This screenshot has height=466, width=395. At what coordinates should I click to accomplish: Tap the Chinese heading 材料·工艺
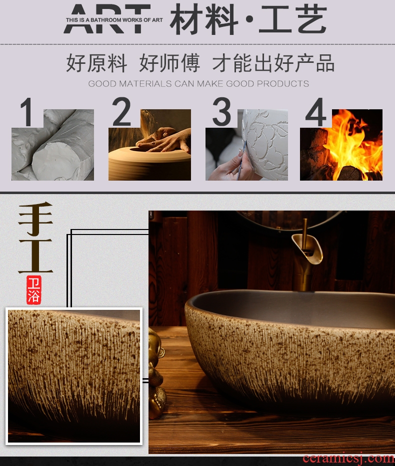coord(248,19)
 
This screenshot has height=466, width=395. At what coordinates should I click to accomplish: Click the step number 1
coord(27,112)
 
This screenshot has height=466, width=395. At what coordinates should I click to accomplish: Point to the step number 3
coord(221,112)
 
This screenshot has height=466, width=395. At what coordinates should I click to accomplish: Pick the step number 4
coord(316,112)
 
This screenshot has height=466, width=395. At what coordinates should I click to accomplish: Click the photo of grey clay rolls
coord(52,145)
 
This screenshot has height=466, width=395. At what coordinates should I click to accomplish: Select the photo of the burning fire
coord(341,145)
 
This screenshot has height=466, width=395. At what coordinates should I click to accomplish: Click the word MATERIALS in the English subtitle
coord(145,83)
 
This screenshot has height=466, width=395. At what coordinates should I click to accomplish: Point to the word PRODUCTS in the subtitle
coord(282,83)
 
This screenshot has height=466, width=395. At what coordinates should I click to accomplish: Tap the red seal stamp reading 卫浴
coord(33,290)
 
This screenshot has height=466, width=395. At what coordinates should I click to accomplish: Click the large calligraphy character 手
coord(35,219)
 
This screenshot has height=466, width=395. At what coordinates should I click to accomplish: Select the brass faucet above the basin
coord(305,255)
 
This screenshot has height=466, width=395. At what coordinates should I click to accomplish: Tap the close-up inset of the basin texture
coord(74,376)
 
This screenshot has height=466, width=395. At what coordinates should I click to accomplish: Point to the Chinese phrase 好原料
coord(96,63)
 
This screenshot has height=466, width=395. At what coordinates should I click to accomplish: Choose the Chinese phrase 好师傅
coord(169,63)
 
